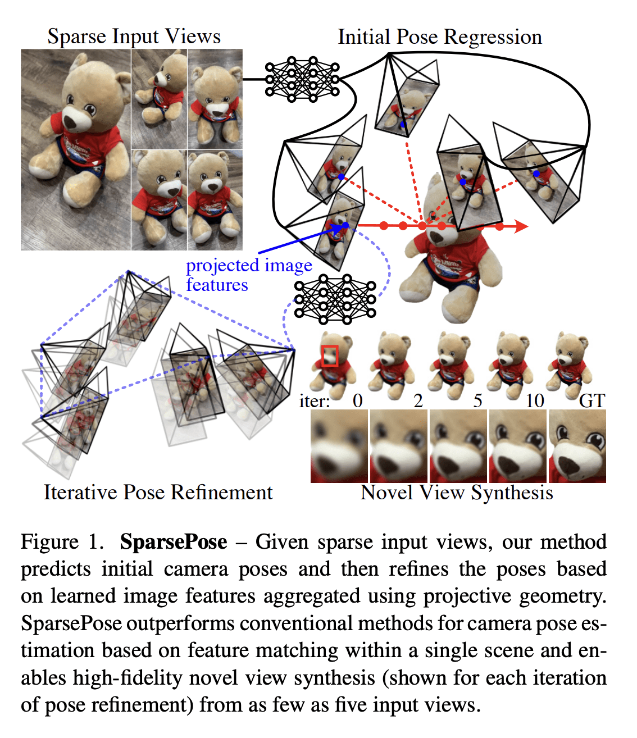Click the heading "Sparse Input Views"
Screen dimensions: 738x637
134,37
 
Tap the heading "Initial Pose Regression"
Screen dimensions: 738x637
440,37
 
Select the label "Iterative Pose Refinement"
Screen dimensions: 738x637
158,493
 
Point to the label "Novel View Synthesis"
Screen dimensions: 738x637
457,493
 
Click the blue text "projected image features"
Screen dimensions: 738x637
248,275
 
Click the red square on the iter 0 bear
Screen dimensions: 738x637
330,356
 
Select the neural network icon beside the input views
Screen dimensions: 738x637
303,79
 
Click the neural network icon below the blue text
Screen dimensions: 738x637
335,299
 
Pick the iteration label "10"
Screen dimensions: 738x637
535,400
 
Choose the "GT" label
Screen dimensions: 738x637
592,400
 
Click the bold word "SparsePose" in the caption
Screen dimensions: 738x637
174,542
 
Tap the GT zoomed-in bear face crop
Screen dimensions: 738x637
577,447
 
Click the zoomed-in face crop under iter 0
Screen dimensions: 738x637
339,447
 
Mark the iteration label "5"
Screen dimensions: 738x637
477,400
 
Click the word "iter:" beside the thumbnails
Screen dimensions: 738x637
315,401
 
